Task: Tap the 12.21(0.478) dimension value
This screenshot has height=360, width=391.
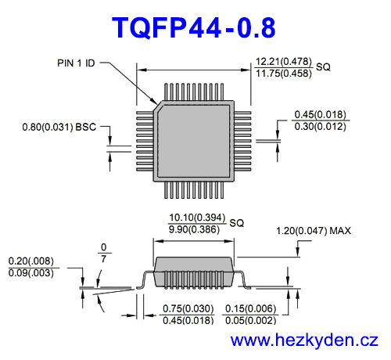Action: click(284, 61)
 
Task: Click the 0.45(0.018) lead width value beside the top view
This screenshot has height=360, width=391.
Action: click(320, 114)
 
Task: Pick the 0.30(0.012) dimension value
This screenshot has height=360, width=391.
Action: click(320, 126)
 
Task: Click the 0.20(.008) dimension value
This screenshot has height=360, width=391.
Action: click(31, 261)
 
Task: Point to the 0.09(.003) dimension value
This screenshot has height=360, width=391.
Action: click(31, 273)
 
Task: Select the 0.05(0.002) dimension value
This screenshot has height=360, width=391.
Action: click(251, 319)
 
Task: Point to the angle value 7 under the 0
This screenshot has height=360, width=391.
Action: click(103, 259)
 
